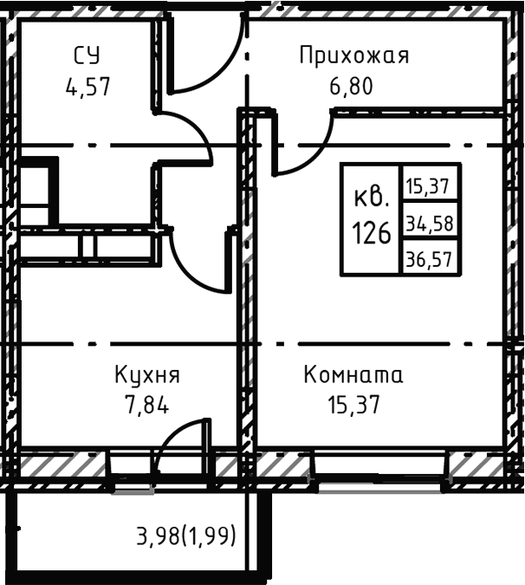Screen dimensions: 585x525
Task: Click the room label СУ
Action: tap(87, 56)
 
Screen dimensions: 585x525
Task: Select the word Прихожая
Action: tap(353, 56)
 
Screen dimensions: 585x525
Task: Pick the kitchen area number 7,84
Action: tap(147, 403)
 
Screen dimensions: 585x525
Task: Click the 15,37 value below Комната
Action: tap(353, 403)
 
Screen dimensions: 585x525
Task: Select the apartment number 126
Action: tap(371, 232)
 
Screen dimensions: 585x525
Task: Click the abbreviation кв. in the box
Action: tap(371, 198)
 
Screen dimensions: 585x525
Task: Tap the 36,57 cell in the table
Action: tap(430, 257)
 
